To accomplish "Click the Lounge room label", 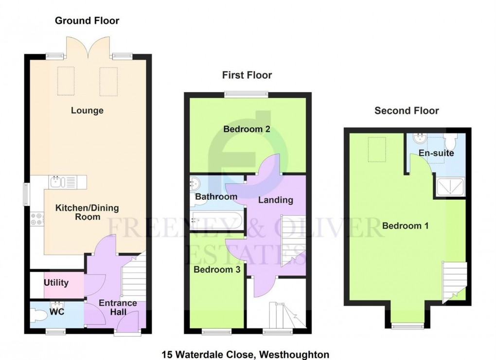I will click(87, 111).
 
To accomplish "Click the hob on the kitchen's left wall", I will click(36, 219).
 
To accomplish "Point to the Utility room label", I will click(56, 283).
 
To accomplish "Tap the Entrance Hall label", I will click(118, 308).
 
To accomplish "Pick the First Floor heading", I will click(247, 75).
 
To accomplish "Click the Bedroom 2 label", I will click(247, 129).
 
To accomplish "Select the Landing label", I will click(275, 200).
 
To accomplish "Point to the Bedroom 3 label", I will click(217, 270).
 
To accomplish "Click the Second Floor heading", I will click(407, 111).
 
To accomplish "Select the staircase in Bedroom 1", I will click(453, 279).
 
